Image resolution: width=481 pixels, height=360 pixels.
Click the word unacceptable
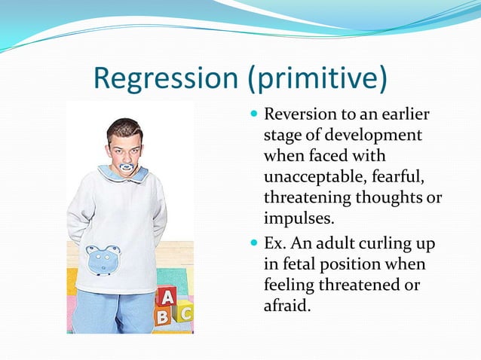[x=311, y=177]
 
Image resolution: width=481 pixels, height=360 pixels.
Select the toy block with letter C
[x=185, y=312]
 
